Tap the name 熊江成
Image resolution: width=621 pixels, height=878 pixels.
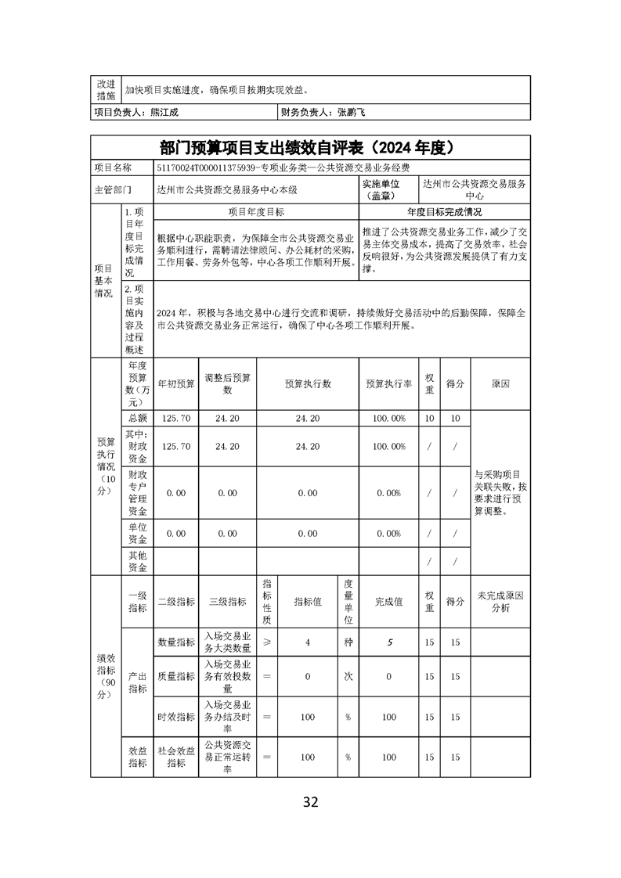click(164, 113)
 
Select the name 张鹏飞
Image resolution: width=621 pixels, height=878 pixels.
click(352, 113)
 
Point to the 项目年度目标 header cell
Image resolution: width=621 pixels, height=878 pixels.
click(256, 212)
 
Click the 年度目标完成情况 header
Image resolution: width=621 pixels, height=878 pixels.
click(444, 212)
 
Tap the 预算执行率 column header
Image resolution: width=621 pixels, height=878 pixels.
click(389, 384)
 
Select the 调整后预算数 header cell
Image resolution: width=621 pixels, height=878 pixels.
click(227, 384)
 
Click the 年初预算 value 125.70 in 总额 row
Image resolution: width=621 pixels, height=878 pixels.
click(175, 419)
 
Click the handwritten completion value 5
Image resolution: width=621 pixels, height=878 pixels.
click(389, 642)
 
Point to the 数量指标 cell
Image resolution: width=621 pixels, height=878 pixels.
click(176, 642)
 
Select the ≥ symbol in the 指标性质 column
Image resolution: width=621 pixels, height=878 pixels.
click(266, 642)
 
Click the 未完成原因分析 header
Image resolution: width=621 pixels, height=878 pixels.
click(500, 601)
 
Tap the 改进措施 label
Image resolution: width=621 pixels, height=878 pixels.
click(105, 89)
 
